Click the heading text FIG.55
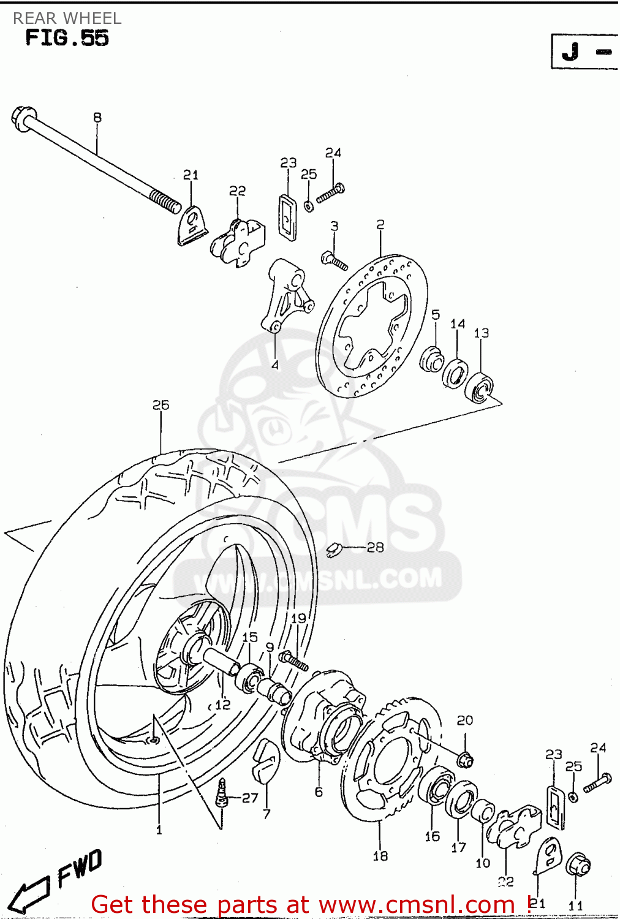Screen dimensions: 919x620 click(67, 38)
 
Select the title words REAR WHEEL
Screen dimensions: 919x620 click(67, 18)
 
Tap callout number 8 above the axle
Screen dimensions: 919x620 click(97, 117)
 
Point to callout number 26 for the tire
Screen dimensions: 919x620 click(161, 405)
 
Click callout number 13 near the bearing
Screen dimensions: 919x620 click(482, 333)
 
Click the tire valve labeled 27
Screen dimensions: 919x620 click(222, 793)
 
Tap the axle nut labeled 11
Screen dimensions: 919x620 click(577, 865)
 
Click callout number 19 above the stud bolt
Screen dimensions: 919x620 click(298, 618)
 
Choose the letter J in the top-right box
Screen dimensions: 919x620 click(570, 51)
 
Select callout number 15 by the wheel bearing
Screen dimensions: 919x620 click(250, 637)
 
